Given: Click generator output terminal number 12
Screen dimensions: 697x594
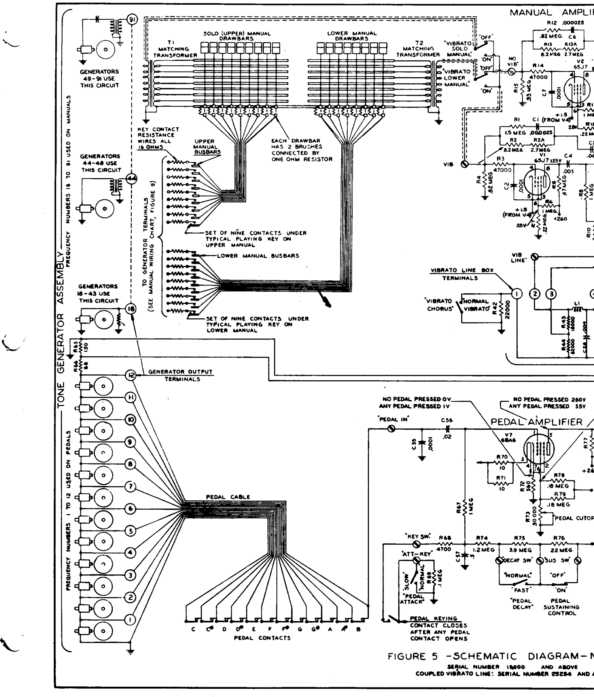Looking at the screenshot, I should coord(131,375).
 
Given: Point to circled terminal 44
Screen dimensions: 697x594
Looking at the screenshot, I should coord(131,179).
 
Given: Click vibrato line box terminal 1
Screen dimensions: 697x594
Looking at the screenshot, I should coord(516,293).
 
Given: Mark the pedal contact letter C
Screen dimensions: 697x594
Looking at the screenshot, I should coord(193,629).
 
